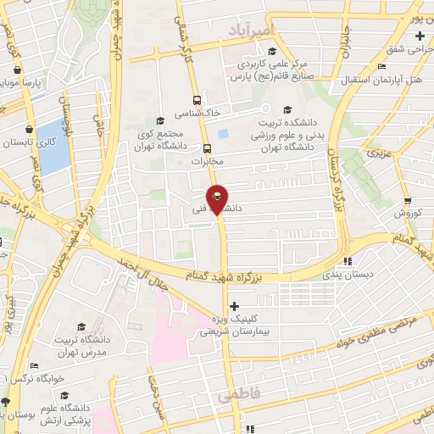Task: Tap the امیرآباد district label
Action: click(252, 31)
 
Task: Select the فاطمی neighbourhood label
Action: click(235, 396)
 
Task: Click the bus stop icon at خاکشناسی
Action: click(198, 98)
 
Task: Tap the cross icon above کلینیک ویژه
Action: click(235, 306)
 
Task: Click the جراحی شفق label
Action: click(407, 50)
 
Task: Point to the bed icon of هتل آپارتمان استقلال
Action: click(381, 67)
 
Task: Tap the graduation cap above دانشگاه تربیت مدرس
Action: click(81, 326)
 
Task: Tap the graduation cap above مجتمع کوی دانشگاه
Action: click(161, 121)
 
